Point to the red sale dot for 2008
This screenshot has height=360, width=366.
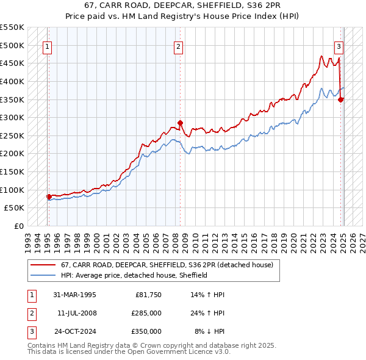(x=181, y=123)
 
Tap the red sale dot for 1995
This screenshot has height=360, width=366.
(x=49, y=196)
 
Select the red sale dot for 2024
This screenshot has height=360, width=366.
(x=341, y=99)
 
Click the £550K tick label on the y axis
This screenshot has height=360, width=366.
(x=12, y=27)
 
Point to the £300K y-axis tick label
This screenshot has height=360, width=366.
(x=12, y=117)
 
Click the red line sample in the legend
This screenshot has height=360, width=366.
(x=43, y=265)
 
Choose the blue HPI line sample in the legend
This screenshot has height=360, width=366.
(x=43, y=275)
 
